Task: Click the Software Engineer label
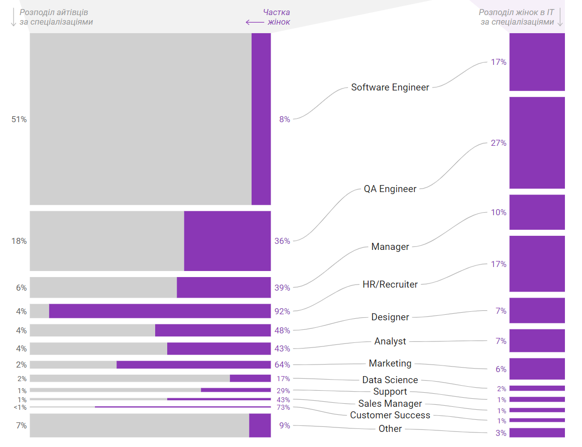[x=390, y=87]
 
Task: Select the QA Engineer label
[x=390, y=189]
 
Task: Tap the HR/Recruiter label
[x=390, y=285]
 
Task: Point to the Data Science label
[x=390, y=380]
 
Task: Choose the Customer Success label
[x=390, y=415]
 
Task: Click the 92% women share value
[x=282, y=311]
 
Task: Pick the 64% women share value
[x=282, y=365]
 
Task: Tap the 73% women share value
[x=283, y=407]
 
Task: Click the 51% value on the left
[x=19, y=119]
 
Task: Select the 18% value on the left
[x=19, y=241]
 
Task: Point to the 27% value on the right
[x=499, y=143]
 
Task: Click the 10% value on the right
[x=499, y=212]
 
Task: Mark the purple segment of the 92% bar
[x=160, y=311]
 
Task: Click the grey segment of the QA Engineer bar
[x=106, y=241]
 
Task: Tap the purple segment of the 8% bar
[x=261, y=119]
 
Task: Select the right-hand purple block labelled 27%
[x=537, y=143]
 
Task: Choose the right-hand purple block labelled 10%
[x=537, y=212]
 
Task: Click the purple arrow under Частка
[x=255, y=22]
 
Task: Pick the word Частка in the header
[x=277, y=12]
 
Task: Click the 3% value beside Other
[x=501, y=433]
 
